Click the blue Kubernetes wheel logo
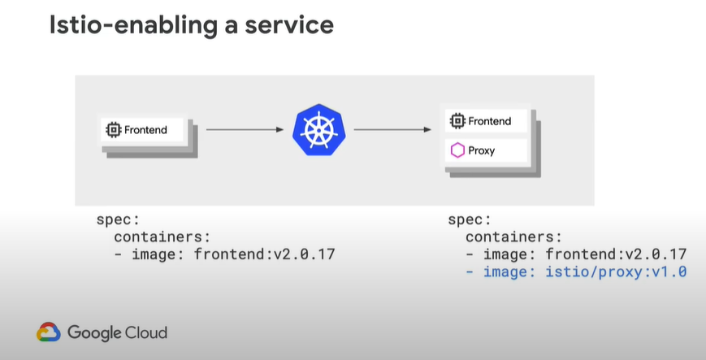[319, 130]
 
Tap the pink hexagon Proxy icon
[457, 150]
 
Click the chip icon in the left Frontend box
[114, 130]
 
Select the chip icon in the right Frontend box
[457, 121]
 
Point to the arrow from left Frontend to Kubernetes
[245, 130]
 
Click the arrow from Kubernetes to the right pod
[392, 130]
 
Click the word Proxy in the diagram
[481, 150]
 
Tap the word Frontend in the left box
[145, 130]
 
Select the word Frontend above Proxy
[489, 121]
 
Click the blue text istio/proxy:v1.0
[616, 271]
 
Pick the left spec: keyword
[118, 220]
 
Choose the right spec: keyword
[470, 220]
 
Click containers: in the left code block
[162, 236]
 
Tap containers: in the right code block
[513, 236]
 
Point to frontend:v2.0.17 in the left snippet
[264, 254]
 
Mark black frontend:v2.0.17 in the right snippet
[616, 254]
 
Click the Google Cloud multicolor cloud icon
[49, 332]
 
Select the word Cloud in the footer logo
[146, 332]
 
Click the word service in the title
[289, 25]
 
